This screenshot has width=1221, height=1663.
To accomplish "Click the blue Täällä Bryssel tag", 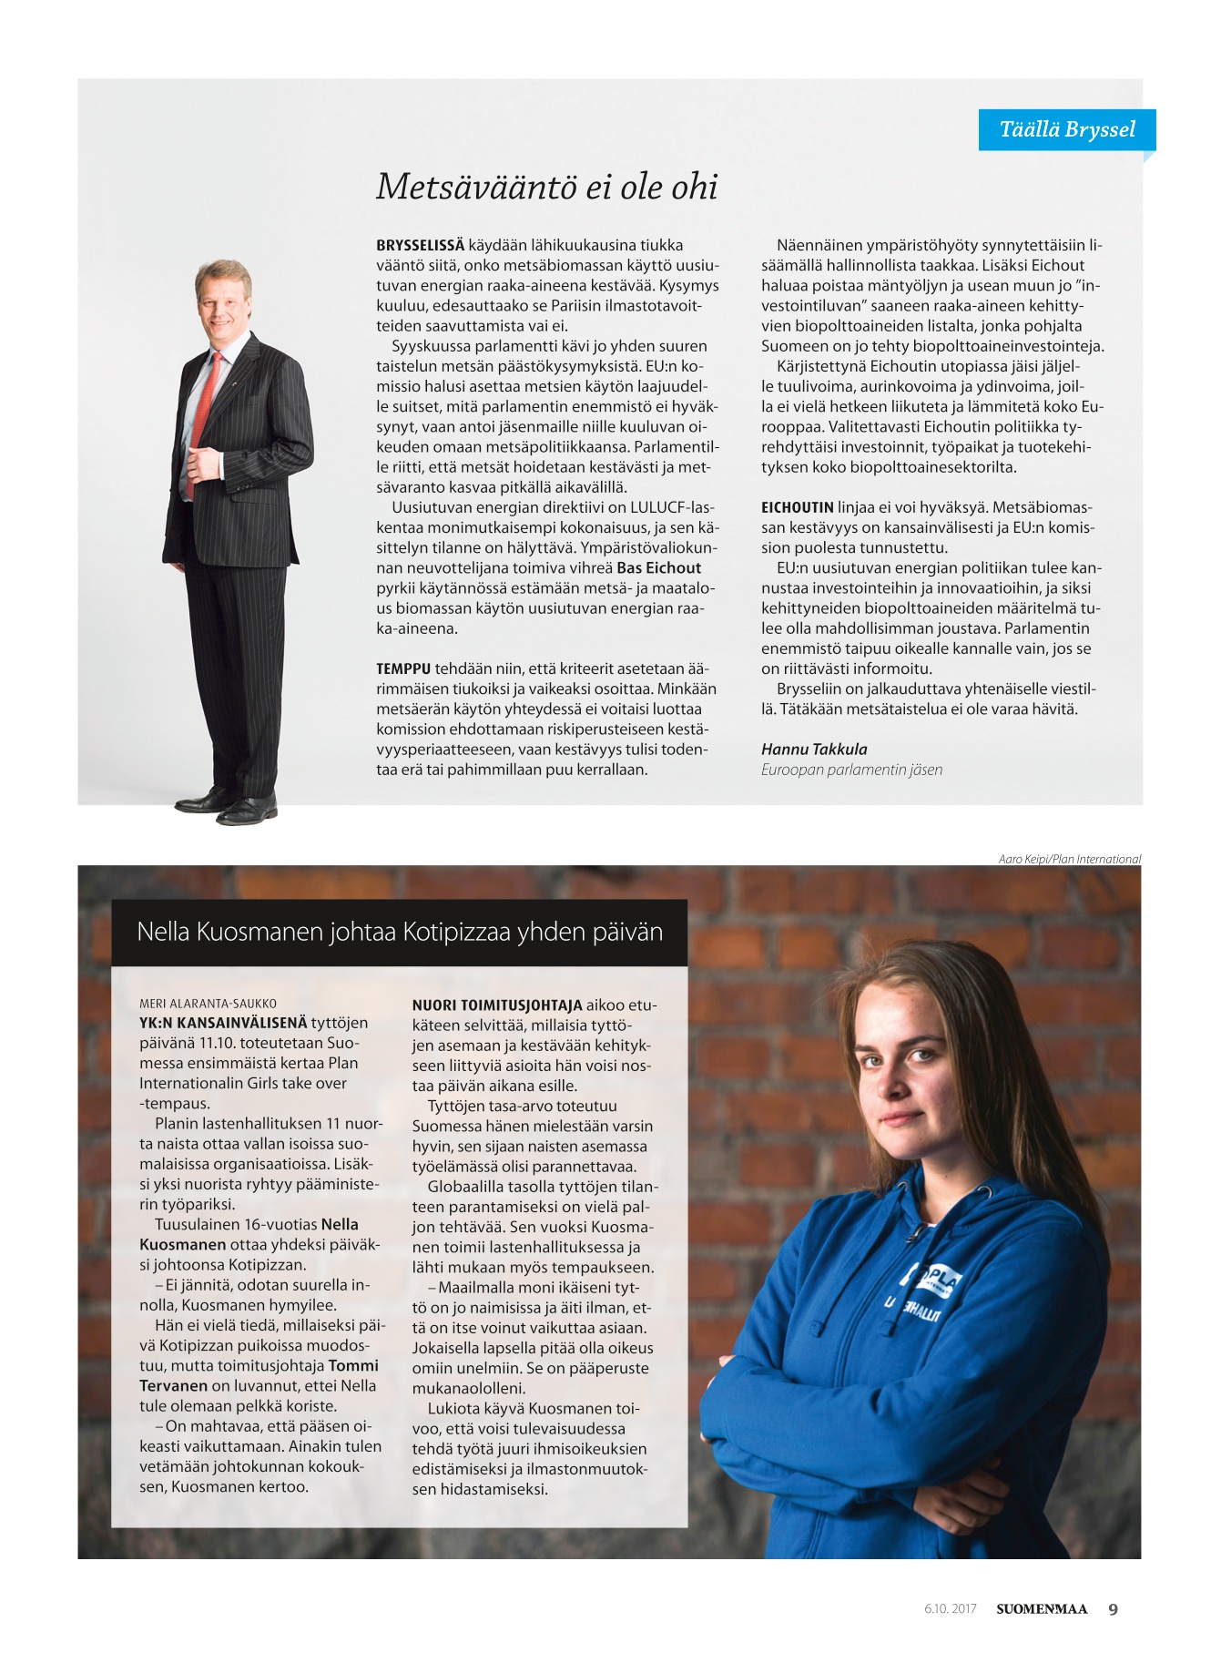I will [x=1066, y=129].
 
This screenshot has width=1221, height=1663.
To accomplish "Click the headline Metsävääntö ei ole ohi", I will [x=546, y=187].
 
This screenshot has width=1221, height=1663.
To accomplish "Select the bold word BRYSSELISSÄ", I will [x=420, y=245].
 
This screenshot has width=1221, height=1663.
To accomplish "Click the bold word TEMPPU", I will [x=403, y=668].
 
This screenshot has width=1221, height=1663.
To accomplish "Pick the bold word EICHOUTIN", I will [x=798, y=507].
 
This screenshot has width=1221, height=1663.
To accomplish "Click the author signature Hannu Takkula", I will [x=814, y=750].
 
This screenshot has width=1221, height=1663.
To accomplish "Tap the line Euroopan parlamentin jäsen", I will [x=851, y=770].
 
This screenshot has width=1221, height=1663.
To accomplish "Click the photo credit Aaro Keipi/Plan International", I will [x=1069, y=859].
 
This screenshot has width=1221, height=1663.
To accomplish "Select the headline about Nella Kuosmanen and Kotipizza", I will [x=399, y=932].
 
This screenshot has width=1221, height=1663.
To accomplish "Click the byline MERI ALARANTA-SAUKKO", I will [x=208, y=1004].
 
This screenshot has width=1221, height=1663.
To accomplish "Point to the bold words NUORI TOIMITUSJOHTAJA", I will [x=497, y=1005].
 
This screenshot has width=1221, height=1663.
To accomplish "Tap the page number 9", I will [x=1113, y=1609].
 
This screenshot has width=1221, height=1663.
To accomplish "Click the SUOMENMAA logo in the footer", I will [x=1041, y=1609].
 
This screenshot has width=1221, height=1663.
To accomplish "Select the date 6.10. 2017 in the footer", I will [x=950, y=1609].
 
